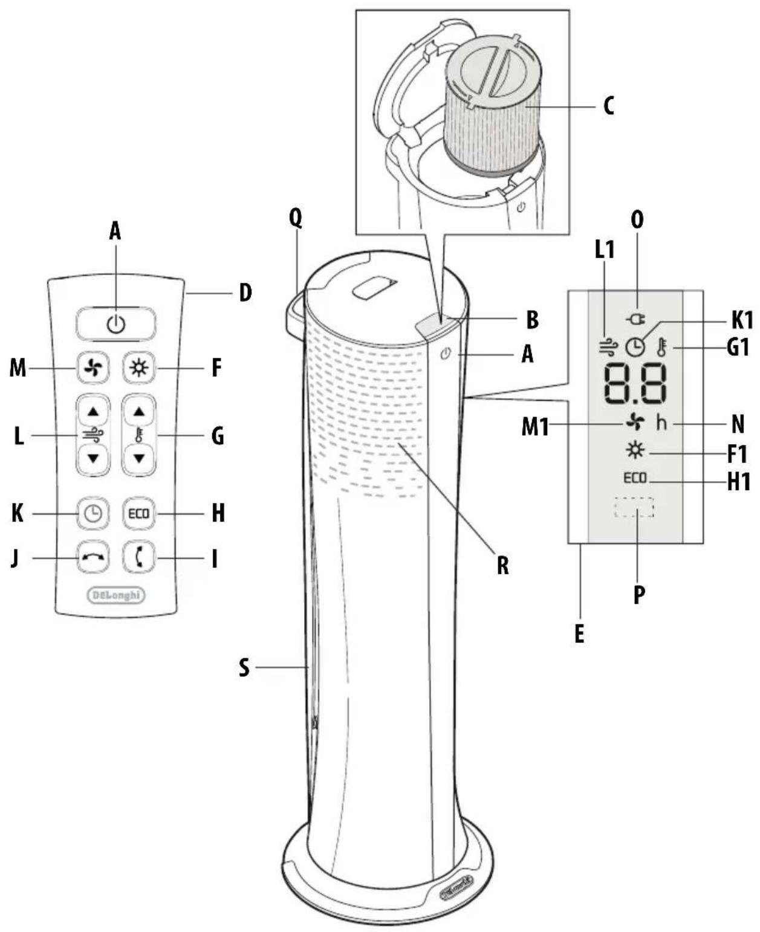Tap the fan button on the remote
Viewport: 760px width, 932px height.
pos(93,367)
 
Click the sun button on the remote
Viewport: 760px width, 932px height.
pos(139,367)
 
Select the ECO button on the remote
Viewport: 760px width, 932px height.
pos(139,514)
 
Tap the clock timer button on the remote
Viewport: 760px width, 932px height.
pos(93,514)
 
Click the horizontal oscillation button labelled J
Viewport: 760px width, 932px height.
pos(93,557)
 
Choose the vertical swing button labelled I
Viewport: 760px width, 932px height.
pos(139,557)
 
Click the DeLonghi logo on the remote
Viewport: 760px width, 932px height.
pos(116,595)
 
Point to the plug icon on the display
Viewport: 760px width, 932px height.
pos(636,318)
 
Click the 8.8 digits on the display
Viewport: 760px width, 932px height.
pos(635,384)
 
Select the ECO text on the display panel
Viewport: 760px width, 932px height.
pos(635,477)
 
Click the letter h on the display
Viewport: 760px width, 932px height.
pos(661,422)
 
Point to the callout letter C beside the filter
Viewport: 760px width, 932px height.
pos(609,106)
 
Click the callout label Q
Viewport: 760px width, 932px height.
pos(295,218)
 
